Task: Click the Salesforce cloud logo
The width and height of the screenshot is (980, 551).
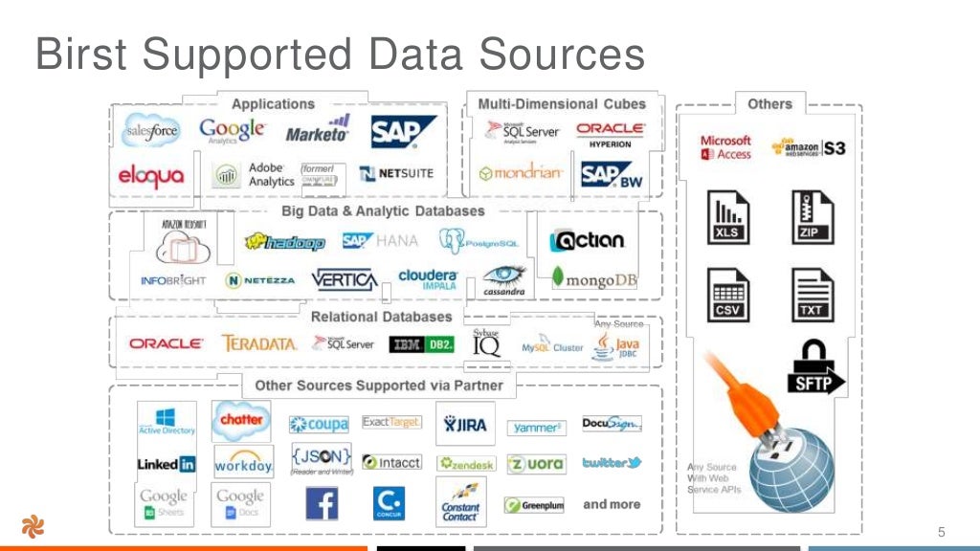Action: pyautogui.click(x=151, y=132)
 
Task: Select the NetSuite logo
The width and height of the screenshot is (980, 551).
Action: pyautogui.click(x=396, y=174)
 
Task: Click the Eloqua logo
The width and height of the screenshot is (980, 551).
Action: pyautogui.click(x=150, y=176)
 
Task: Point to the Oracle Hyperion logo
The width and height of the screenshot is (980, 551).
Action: pyautogui.click(x=611, y=133)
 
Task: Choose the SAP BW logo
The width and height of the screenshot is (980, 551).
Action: pyautogui.click(x=611, y=175)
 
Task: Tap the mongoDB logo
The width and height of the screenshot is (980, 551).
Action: pyautogui.click(x=594, y=278)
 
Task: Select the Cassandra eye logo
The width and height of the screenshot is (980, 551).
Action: pyautogui.click(x=504, y=278)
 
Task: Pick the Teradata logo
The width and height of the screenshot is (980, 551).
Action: pyautogui.click(x=258, y=343)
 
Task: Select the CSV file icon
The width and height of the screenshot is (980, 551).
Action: pyautogui.click(x=727, y=296)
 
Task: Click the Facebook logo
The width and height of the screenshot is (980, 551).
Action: pyautogui.click(x=322, y=503)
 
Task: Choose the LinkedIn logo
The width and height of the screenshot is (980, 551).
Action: pyautogui.click(x=166, y=464)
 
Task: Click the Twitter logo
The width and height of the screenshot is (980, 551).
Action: pyautogui.click(x=611, y=463)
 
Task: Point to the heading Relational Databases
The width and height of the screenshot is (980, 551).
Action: pyautogui.click(x=381, y=317)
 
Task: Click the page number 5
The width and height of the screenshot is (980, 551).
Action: pyautogui.click(x=941, y=532)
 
